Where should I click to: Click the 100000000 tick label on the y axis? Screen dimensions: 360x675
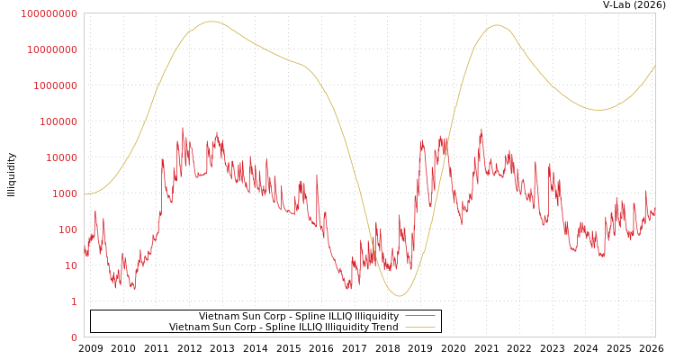click(x=49, y=13)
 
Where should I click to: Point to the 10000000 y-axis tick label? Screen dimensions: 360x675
click(x=52, y=49)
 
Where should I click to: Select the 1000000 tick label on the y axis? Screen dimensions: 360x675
click(x=56, y=85)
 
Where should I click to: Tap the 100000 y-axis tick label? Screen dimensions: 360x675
click(x=58, y=121)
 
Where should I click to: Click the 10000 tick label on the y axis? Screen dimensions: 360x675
click(x=62, y=157)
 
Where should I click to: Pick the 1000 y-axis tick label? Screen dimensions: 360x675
click(x=65, y=193)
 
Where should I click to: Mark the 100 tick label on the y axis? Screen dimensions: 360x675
click(x=68, y=229)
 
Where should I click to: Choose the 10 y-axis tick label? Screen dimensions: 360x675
click(x=71, y=265)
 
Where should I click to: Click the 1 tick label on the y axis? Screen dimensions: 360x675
click(x=75, y=301)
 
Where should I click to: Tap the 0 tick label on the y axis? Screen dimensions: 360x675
click(x=75, y=337)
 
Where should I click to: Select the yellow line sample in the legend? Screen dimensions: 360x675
click(x=420, y=327)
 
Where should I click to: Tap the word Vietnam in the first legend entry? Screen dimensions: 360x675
click(x=219, y=317)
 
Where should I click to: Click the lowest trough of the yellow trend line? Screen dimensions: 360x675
click(x=400, y=296)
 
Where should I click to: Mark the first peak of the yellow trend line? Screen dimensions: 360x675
click(x=211, y=22)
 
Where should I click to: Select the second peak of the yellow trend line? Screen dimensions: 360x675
click(x=497, y=25)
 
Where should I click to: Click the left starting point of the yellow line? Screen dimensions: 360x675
click(x=85, y=193)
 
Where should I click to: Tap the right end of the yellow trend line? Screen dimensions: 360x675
click(x=654, y=66)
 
